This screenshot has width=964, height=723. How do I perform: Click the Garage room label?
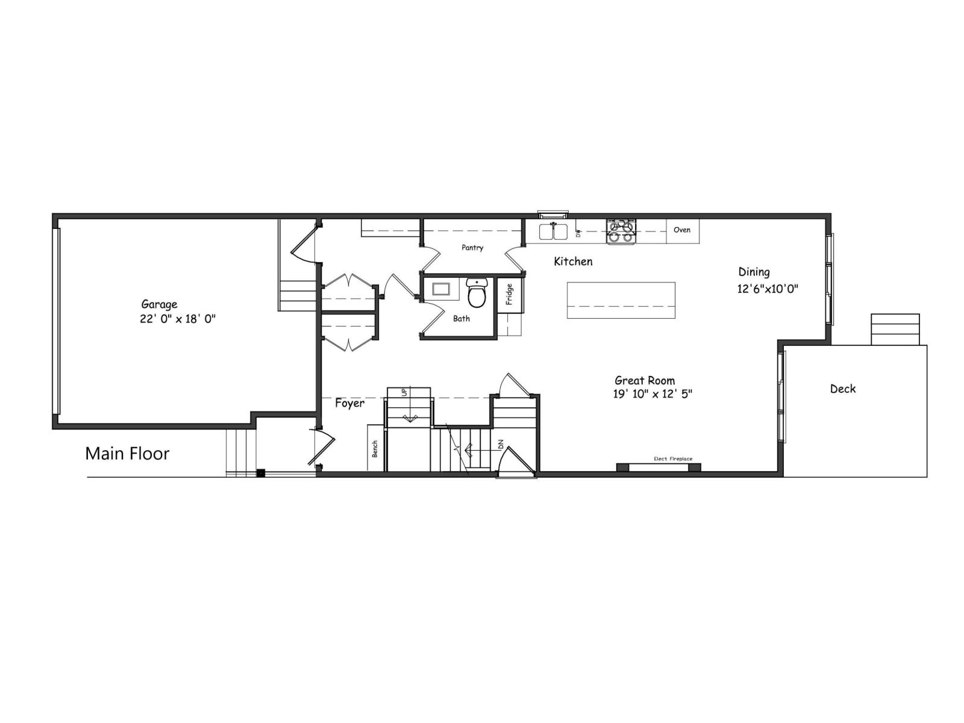pos(159,304)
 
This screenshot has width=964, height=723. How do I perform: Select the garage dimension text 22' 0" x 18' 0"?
pos(178,319)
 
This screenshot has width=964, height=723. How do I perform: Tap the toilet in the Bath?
pos(477,293)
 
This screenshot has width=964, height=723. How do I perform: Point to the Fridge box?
pos(509,294)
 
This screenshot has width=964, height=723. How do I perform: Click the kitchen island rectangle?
pos(621,300)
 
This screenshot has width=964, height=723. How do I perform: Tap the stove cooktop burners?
pos(621,232)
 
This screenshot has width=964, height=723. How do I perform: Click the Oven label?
pos(682,230)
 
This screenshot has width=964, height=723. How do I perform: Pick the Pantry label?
pos(472,248)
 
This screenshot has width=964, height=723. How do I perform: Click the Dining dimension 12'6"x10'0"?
pos(768,289)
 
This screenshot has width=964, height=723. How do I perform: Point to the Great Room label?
pos(645,380)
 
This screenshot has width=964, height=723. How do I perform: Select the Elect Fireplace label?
pos(673,459)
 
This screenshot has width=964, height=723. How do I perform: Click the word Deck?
pos(842,389)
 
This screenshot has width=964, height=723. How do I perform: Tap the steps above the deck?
pos(895,330)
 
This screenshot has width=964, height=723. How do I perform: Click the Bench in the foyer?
pos(375,448)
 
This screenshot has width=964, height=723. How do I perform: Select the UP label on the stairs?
pos(404,392)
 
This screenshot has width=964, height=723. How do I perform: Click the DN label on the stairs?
pos(500,445)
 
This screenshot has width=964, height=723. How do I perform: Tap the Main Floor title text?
pos(127,453)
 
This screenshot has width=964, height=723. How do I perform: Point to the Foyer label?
pos(349,403)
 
